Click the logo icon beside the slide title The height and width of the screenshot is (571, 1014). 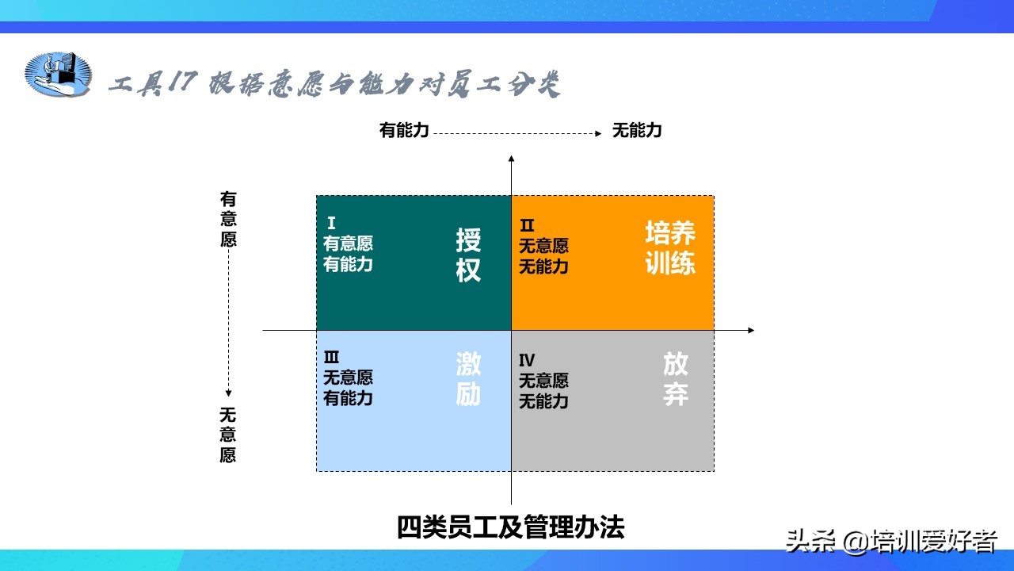pos(58,74)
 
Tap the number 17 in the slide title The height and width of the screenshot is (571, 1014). pos(182,82)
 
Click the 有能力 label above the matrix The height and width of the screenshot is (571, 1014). pos(404,131)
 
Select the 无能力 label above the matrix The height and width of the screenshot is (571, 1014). pos(637,131)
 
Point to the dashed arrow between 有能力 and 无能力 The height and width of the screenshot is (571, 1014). pos(517,133)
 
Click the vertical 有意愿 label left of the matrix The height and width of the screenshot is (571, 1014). pos(228,219)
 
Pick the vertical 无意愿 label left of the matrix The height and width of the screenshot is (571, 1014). pos(228,435)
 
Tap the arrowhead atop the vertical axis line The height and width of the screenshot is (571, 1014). pos(511,159)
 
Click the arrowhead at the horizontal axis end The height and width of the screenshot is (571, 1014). pos(751,331)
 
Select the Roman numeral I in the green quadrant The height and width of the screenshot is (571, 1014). pos(331,223)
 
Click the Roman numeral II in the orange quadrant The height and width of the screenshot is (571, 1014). pos(527,225)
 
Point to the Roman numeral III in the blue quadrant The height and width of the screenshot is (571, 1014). pos(331,357)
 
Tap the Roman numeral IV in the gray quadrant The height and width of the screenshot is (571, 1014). pos(527,360)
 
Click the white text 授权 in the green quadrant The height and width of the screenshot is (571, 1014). pos(468,255)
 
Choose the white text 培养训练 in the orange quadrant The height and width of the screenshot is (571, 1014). pos(670,248)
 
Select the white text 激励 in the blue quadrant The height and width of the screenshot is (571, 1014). pos(468,379)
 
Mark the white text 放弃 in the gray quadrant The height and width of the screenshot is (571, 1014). pos(676,379)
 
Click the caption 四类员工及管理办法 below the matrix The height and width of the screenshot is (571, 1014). pos(511,527)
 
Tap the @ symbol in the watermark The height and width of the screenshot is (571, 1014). pos(855,542)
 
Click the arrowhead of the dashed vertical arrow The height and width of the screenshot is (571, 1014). pos(228,393)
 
